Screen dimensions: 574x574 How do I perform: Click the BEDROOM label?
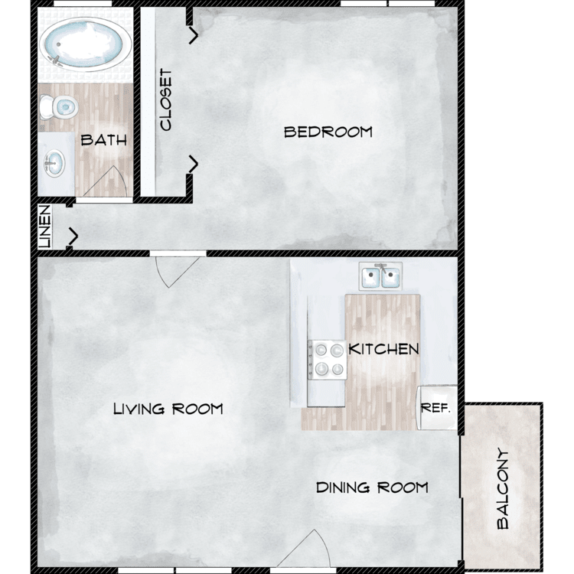click(328, 132)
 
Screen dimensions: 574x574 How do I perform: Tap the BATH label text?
click(103, 140)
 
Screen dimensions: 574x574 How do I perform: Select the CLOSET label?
click(165, 99)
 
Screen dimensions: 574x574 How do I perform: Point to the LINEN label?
click(44, 227)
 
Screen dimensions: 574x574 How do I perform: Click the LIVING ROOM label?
click(168, 409)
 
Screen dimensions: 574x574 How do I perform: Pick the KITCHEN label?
click(383, 349)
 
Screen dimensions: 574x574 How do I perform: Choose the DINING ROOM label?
click(372, 488)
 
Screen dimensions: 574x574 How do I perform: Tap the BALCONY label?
click(503, 489)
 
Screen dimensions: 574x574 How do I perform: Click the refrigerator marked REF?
click(437, 407)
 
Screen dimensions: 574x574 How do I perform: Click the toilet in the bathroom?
click(59, 107)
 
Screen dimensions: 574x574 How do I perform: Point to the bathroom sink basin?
click(54, 164)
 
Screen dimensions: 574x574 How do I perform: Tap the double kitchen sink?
click(380, 276)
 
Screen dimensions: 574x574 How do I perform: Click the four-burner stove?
click(327, 360)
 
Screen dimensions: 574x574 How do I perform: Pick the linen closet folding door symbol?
click(73, 236)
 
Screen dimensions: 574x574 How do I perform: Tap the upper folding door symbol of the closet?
click(194, 35)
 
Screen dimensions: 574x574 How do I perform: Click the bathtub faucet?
click(56, 60)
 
